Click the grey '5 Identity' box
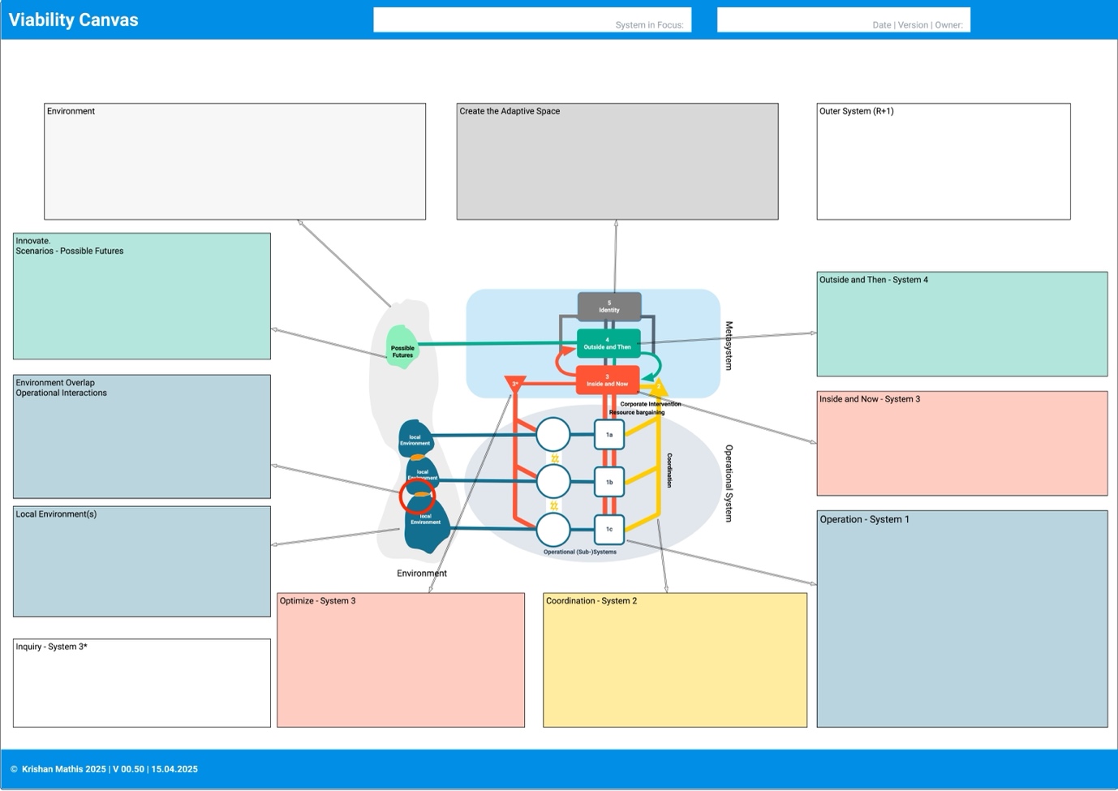[609, 307]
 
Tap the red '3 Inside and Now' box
[608, 380]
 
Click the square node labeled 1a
[609, 435]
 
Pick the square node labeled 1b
[609, 482]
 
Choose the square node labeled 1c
[609, 529]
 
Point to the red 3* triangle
[515, 383]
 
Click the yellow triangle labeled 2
[659, 387]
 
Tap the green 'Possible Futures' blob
[402, 347]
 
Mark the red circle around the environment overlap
[417, 496]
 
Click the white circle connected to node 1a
[553, 435]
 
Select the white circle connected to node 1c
[553, 530]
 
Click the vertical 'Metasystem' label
[729, 346]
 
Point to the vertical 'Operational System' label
[729, 483]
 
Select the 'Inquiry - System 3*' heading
[52, 647]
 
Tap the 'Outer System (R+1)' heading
[857, 111]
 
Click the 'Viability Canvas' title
[74, 20]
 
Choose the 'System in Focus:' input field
[532, 19]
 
